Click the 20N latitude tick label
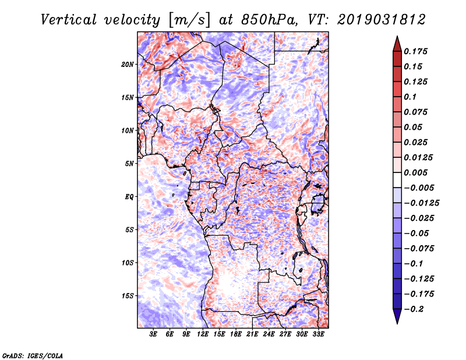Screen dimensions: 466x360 pyautogui.click(x=127, y=65)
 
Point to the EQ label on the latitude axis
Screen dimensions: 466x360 pyautogui.click(x=129, y=197)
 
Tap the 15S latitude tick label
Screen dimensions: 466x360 pyautogui.click(x=127, y=296)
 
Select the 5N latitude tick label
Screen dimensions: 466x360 pyautogui.click(x=129, y=164)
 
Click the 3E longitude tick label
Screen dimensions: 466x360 pyautogui.click(x=153, y=334)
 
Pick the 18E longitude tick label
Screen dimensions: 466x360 pyautogui.click(x=236, y=334)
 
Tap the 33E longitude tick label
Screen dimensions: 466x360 pyautogui.click(x=318, y=334)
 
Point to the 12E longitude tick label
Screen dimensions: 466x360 pyautogui.click(x=203, y=334)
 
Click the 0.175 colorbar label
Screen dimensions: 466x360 pyautogui.click(x=415, y=51)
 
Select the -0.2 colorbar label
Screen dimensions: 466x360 pyautogui.click(x=414, y=309)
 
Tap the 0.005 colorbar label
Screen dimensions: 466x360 pyautogui.click(x=415, y=172)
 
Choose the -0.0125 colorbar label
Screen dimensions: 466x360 pyautogui.click(x=421, y=203)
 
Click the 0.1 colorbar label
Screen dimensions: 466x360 pyautogui.click(x=410, y=97)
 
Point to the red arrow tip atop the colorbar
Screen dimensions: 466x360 pyautogui.click(x=397, y=37)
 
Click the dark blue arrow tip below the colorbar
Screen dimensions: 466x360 pyautogui.click(x=397, y=323)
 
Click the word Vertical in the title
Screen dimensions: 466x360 pyautogui.click(x=69, y=20)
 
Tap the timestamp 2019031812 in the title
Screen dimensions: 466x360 pyautogui.click(x=382, y=20)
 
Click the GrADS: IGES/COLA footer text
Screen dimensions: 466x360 pyautogui.click(x=33, y=355)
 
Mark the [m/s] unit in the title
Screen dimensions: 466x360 pyautogui.click(x=189, y=20)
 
